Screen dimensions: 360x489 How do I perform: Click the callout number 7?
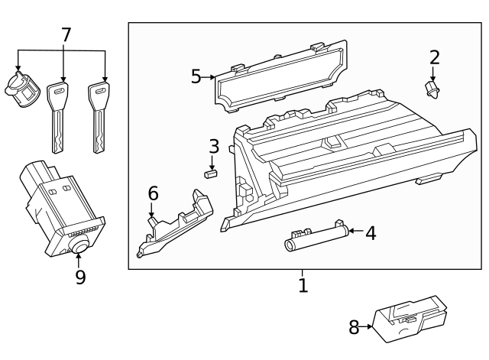(66, 34)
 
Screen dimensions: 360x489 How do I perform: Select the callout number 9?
(80, 276)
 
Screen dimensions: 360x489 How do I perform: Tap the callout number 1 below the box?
(303, 286)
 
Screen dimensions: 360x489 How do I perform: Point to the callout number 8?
(354, 328)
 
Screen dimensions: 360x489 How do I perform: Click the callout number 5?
(196, 76)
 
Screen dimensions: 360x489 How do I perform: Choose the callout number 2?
(435, 57)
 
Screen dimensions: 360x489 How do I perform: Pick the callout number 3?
(214, 145)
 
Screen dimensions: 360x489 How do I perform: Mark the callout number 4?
(371, 233)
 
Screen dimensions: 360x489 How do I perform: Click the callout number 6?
(153, 193)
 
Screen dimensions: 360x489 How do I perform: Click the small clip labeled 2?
(432, 91)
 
